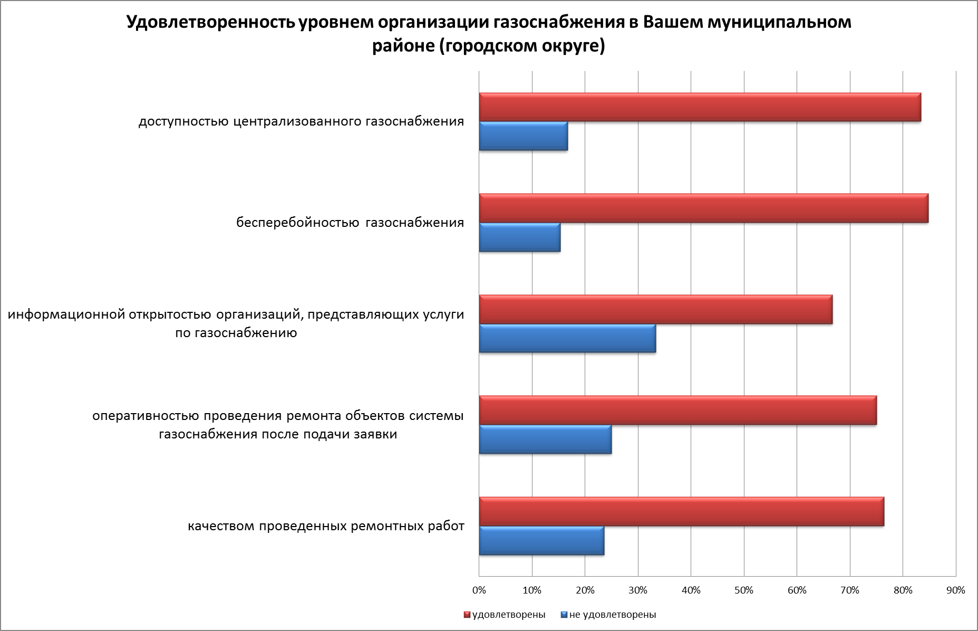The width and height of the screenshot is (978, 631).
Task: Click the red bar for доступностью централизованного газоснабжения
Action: [x=700, y=108]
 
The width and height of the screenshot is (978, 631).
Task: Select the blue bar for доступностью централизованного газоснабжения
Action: [x=523, y=136]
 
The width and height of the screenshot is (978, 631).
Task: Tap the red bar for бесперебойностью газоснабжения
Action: [x=703, y=208]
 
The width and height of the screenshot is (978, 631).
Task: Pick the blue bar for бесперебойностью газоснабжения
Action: [x=519, y=237]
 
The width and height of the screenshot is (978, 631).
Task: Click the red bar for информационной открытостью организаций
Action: [x=655, y=310]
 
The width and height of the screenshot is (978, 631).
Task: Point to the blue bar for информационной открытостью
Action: [x=567, y=339]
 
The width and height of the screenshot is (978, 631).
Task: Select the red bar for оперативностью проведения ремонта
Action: [x=677, y=410]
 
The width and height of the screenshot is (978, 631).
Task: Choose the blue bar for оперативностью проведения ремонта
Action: [x=545, y=439]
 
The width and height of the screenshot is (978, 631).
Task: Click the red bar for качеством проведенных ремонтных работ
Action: [x=681, y=512]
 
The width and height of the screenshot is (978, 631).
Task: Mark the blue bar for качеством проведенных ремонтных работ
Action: [x=541, y=541]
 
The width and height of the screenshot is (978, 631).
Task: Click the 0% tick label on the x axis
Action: [x=479, y=590]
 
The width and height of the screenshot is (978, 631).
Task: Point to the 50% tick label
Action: [x=743, y=590]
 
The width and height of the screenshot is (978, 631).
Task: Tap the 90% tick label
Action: [x=955, y=590]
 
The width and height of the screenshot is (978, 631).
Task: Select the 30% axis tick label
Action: [x=638, y=590]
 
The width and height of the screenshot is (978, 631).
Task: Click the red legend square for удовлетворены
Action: [x=467, y=615]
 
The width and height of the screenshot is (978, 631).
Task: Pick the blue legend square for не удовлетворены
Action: [x=564, y=615]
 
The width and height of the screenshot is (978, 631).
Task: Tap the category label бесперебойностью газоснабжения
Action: [x=350, y=223]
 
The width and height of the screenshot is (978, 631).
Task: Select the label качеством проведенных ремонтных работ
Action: [x=326, y=527]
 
